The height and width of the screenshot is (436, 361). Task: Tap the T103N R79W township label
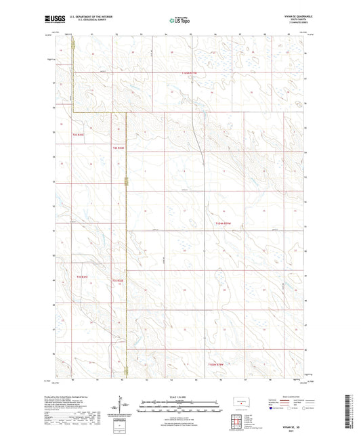point(215,364)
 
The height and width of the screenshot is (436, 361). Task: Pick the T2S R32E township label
point(119,147)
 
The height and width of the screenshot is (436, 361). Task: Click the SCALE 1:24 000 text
point(179,396)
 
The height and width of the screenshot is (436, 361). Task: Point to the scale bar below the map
point(179,408)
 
